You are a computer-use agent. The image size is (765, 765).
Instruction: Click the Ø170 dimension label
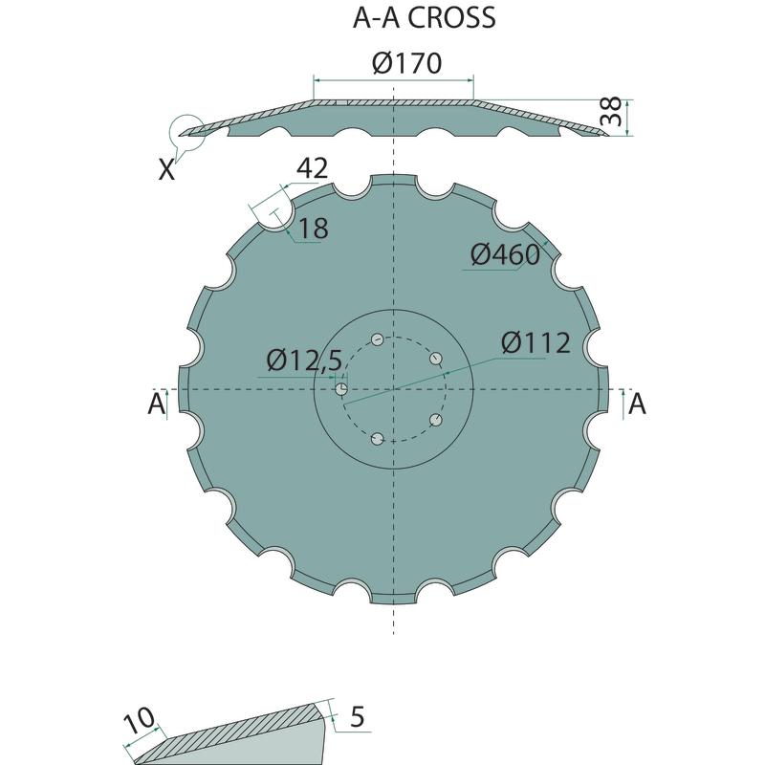pos(406,63)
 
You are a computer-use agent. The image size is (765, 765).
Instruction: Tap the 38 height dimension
pos(610,111)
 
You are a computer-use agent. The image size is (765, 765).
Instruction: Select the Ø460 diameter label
pos(505,254)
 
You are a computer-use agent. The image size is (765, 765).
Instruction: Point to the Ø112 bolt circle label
pos(535,342)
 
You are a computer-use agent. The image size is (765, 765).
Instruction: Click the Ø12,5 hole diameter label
pos(304,361)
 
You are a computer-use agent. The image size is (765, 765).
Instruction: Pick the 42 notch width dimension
pos(313,168)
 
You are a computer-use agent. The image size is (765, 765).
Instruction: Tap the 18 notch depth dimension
pos(314,229)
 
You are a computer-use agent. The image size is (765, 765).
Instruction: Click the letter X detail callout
pos(166,170)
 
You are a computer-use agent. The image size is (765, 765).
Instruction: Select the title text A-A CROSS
pos(424,18)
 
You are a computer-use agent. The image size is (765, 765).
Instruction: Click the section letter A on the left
pos(156,404)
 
